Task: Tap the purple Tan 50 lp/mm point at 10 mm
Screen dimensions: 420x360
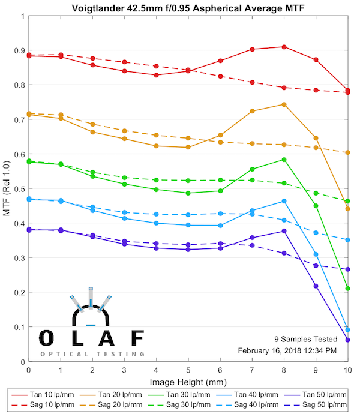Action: coord(348,340)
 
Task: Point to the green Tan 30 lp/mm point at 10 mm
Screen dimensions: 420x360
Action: coord(348,289)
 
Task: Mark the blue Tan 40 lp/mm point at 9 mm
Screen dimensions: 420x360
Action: coord(316,254)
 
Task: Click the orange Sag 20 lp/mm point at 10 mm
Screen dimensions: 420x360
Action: coord(348,152)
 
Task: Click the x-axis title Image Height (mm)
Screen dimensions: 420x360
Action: coord(188,381)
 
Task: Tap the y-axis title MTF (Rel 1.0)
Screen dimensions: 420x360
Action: coord(7,189)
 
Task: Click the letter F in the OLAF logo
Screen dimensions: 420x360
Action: coord(137,338)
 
